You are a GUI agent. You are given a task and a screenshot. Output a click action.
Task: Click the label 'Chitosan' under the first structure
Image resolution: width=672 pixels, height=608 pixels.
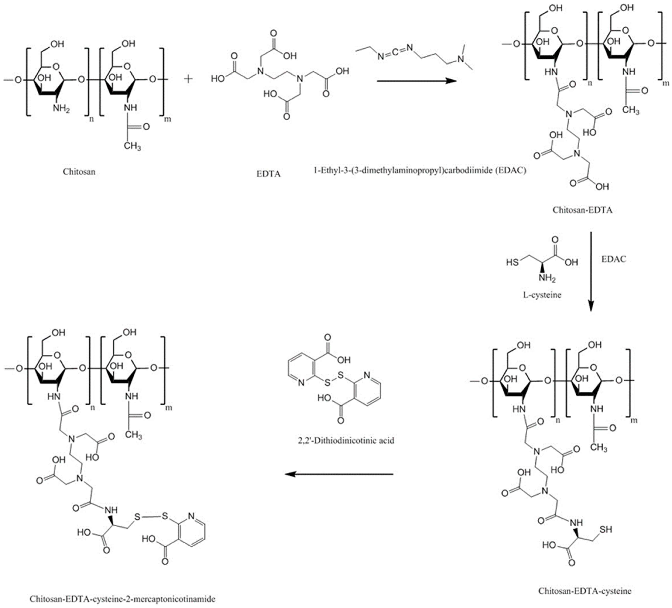(x=79, y=172)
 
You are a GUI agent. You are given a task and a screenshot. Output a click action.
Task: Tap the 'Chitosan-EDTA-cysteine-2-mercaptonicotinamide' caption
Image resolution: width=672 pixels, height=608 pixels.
(x=122, y=599)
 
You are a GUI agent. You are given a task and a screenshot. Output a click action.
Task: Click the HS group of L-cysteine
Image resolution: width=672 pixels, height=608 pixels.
(x=512, y=262)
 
